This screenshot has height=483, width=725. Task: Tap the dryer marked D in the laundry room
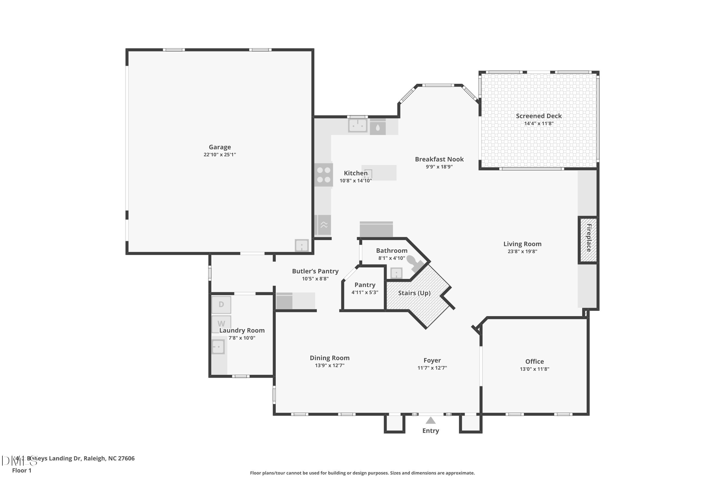pos(221,305)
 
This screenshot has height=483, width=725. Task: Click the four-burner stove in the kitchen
pos(324,175)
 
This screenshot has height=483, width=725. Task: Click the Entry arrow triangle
pos(430,420)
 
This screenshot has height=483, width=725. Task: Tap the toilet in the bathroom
pos(414,263)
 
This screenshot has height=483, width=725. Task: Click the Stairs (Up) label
pos(414,293)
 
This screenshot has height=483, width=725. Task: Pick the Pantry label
pos(365,285)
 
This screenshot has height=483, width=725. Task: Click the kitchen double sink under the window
pos(358,125)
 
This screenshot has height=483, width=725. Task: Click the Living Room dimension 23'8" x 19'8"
pos(522,251)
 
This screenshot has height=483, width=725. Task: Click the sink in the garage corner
pos(301,246)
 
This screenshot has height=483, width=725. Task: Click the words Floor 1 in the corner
pos(22,470)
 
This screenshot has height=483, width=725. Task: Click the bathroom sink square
pos(396,273)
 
